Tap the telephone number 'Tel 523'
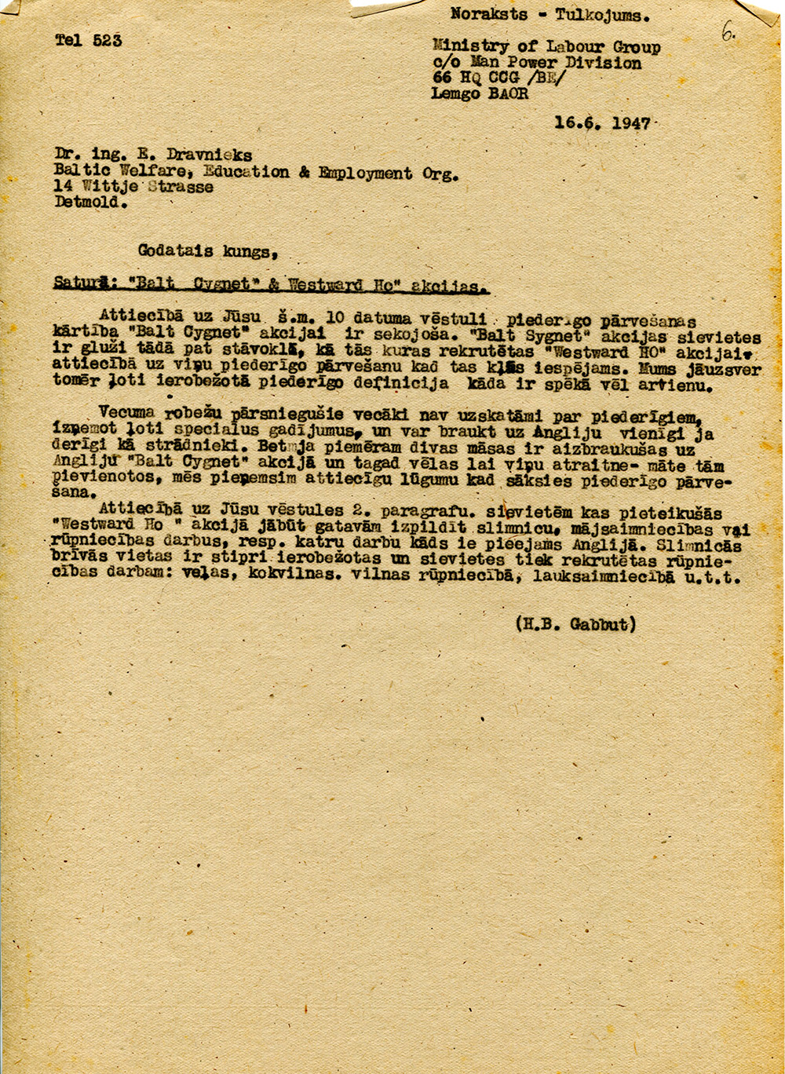tap(88, 40)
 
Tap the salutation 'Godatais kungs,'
tap(207, 251)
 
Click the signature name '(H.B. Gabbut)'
tap(575, 624)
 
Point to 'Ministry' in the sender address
tap(469, 47)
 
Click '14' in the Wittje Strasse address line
tap(64, 186)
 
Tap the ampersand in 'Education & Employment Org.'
tap(304, 172)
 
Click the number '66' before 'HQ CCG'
tap(442, 78)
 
